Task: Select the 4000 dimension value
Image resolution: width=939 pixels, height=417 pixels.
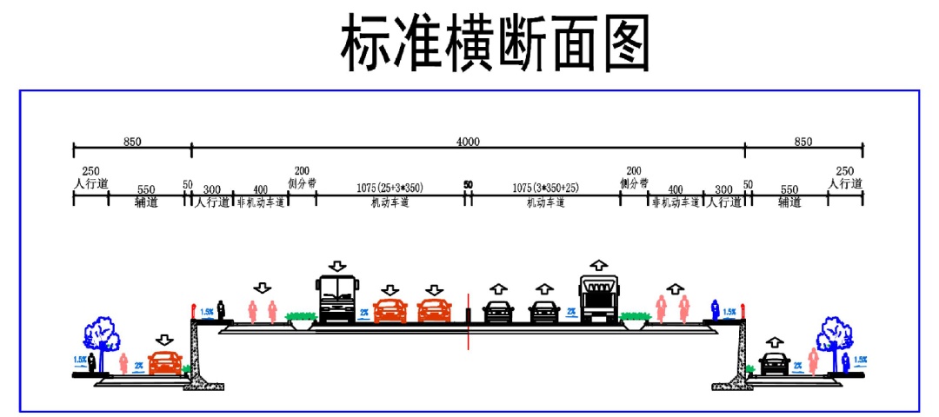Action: pyautogui.click(x=468, y=141)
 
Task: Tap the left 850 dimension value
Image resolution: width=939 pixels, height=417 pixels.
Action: pyautogui.click(x=132, y=141)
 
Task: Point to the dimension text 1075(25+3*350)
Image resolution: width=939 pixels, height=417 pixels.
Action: pyautogui.click(x=390, y=187)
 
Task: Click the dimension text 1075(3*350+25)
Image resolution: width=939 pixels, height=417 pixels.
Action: pyautogui.click(x=545, y=187)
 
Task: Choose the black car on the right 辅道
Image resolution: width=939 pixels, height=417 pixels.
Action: pyautogui.click(x=774, y=363)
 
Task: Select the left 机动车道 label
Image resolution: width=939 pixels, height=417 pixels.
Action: pyautogui.click(x=390, y=202)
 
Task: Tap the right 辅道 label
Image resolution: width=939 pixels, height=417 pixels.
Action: pyautogui.click(x=789, y=202)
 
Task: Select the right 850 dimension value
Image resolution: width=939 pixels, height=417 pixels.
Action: pyautogui.click(x=803, y=141)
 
